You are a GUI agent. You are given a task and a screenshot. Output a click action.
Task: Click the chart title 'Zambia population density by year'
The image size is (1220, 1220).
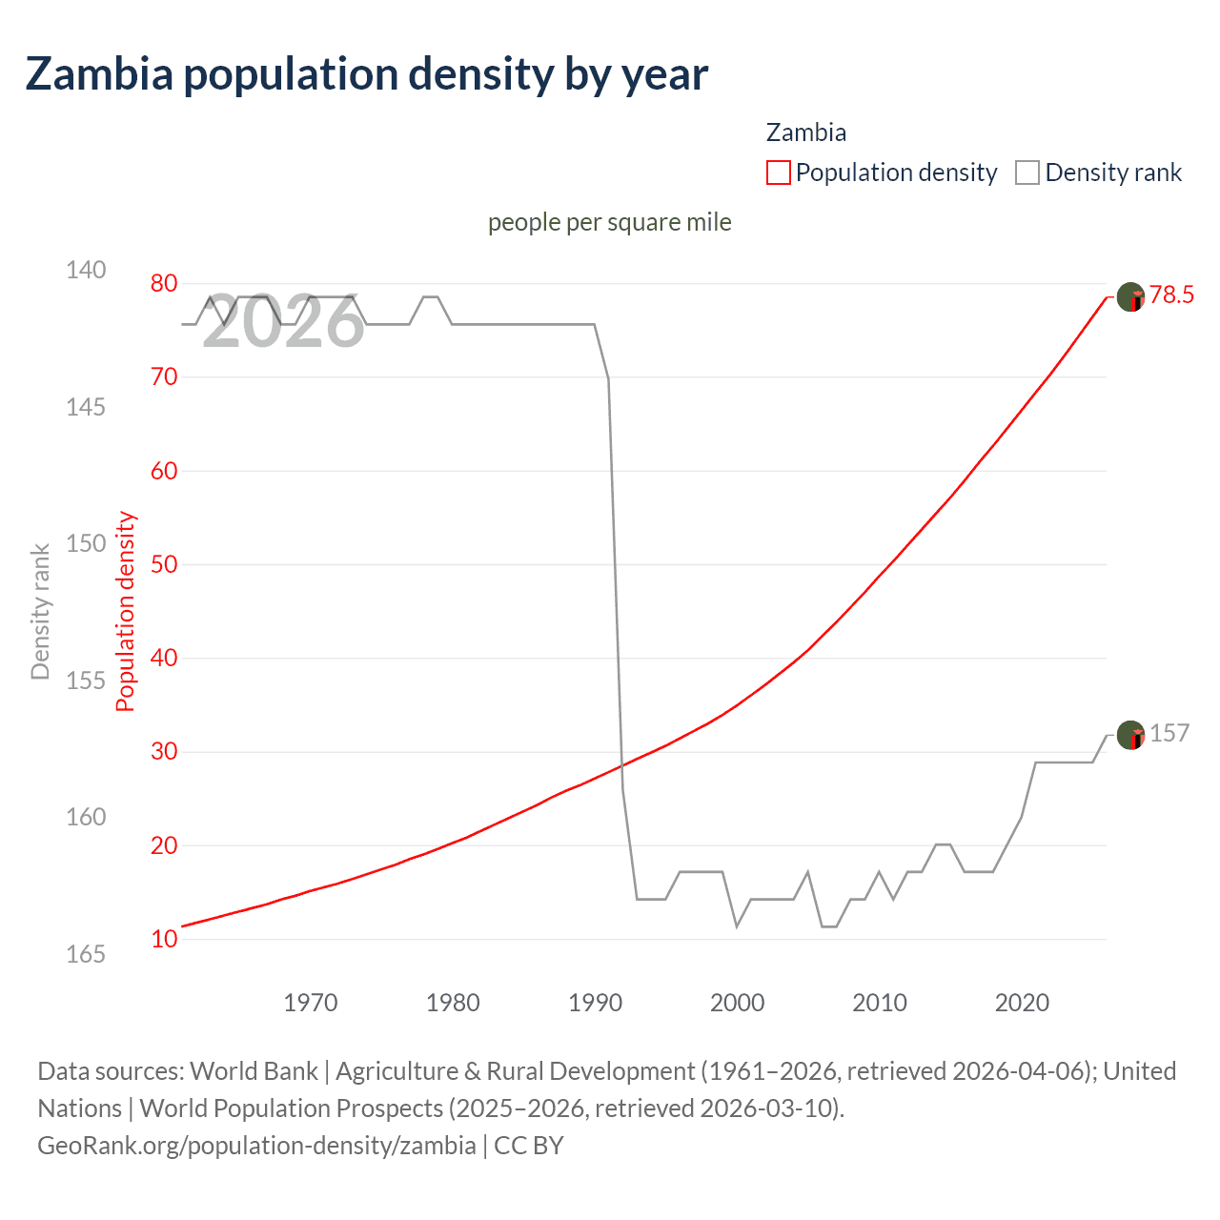[x=366, y=74]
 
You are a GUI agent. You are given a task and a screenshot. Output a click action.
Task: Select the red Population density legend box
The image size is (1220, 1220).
[x=779, y=173]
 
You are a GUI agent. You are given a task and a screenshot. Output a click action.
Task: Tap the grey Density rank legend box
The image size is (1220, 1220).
[x=1027, y=173]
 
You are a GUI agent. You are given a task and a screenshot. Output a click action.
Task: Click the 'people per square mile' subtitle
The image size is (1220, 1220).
[x=609, y=222]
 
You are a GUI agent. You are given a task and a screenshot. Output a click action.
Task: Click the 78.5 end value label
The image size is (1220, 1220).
[x=1171, y=295]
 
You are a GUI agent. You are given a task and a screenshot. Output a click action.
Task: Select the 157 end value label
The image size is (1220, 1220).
[x=1169, y=733]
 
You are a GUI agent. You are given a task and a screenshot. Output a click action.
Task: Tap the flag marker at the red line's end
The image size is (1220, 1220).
[x=1130, y=297]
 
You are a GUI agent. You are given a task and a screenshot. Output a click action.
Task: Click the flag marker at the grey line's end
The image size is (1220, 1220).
[x=1130, y=735]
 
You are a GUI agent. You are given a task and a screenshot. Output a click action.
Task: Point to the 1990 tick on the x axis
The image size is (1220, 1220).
[x=595, y=1003]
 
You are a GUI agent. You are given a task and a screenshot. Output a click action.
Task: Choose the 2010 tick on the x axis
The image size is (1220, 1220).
[x=880, y=1003]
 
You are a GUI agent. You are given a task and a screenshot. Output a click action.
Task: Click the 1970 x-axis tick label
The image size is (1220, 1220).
[x=311, y=1003]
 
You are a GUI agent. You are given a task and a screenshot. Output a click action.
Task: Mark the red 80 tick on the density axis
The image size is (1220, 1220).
[x=164, y=283]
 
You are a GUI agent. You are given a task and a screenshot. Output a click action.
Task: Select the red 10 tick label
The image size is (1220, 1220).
[x=164, y=939]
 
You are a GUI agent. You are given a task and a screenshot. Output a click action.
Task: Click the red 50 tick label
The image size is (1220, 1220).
[x=164, y=564]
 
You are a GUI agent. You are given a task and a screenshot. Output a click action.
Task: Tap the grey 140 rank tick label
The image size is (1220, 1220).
[x=86, y=270]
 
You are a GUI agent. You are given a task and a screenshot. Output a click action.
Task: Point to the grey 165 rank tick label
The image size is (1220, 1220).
[x=86, y=954]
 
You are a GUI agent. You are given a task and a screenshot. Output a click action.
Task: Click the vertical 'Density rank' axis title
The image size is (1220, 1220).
[x=40, y=612]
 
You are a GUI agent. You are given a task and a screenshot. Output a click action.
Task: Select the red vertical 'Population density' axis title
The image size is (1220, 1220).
[x=126, y=612]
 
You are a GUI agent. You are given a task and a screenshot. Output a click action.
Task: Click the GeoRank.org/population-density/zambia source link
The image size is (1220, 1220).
[x=256, y=1146]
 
